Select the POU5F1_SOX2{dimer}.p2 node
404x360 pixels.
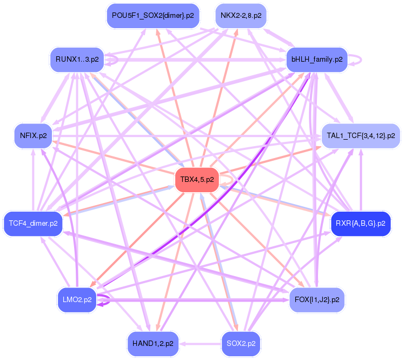[153, 15]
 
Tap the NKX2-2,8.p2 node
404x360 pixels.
[241, 15]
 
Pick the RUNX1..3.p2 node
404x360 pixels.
[77, 59]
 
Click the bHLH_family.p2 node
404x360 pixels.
[317, 59]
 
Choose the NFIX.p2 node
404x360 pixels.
[33, 135]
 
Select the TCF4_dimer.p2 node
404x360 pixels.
[33, 223]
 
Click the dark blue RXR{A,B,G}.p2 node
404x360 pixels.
[361, 223]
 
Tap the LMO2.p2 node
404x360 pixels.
[77, 299]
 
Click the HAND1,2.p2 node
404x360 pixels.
[153, 343]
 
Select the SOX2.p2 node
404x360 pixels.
[241, 343]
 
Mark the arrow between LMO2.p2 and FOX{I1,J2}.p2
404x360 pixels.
[195, 298]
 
